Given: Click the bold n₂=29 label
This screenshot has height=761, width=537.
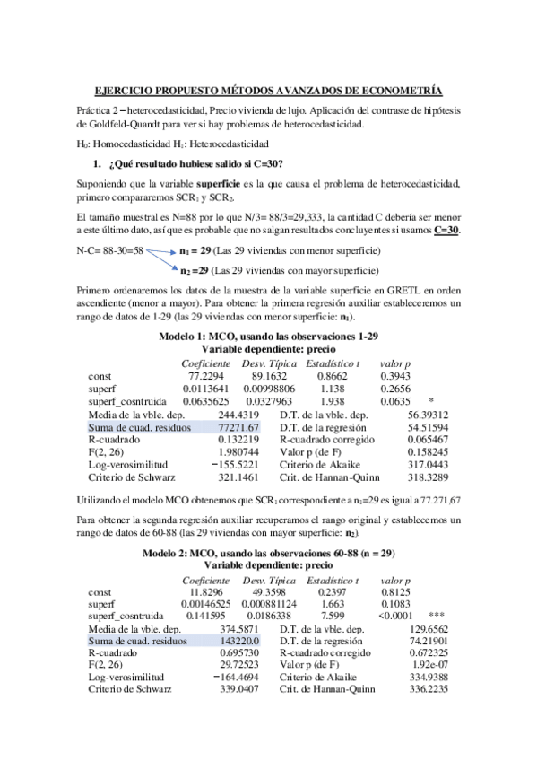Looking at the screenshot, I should tap(195, 270).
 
